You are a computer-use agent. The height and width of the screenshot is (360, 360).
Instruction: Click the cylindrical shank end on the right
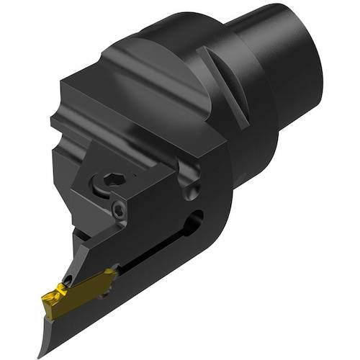pyautogui.click(x=288, y=68)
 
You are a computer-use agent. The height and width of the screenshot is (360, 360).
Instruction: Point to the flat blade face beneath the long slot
pyautogui.click(x=158, y=288)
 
